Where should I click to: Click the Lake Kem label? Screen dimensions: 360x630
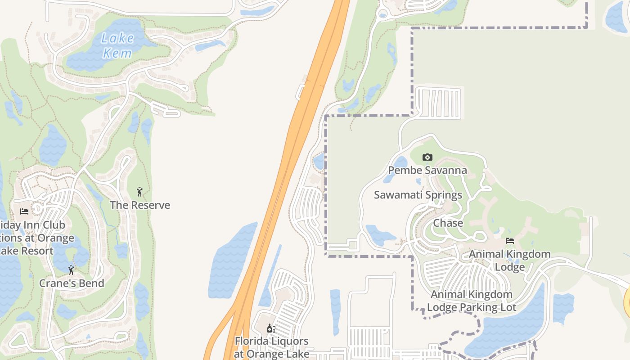click(x=117, y=45)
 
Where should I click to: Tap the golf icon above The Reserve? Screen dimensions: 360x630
click(x=139, y=192)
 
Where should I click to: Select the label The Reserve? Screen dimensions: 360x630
click(x=140, y=205)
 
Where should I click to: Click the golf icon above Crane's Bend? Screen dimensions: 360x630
click(x=71, y=270)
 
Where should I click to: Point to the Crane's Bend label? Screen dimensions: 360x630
click(x=72, y=283)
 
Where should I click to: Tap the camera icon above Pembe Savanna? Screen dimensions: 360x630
click(x=427, y=157)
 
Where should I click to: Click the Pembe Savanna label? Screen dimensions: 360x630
click(x=427, y=171)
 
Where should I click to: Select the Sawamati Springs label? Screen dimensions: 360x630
click(x=418, y=195)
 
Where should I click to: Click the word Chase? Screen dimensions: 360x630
click(x=448, y=223)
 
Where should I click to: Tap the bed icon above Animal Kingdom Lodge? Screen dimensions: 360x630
click(x=510, y=241)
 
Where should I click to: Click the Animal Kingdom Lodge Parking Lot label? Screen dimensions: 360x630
click(x=472, y=301)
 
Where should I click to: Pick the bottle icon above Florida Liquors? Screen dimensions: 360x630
click(x=271, y=328)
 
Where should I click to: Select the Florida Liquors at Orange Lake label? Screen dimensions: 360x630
click(x=271, y=347)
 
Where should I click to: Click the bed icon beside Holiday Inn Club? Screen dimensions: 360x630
click(x=24, y=211)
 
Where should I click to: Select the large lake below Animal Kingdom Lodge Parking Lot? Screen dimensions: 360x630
click(x=508, y=328)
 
